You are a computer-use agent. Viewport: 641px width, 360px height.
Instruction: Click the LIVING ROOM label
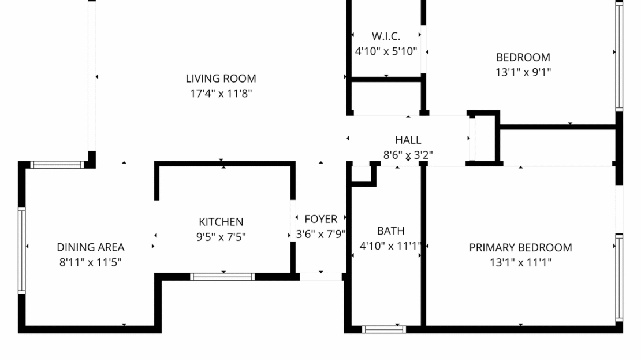[x=221, y=79]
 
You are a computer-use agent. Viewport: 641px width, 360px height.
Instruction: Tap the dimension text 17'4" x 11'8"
[x=221, y=93]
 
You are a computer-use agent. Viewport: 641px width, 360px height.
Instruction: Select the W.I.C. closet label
[x=386, y=36]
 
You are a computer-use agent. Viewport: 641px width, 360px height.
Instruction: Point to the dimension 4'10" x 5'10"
[x=386, y=51]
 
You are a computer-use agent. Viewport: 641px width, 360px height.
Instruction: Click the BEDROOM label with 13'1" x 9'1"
[x=523, y=57]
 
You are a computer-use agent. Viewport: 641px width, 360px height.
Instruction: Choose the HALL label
[x=408, y=140]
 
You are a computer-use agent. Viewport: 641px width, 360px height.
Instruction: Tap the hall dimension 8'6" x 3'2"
[x=408, y=155]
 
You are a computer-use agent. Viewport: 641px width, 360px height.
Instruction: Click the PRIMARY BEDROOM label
[x=520, y=247]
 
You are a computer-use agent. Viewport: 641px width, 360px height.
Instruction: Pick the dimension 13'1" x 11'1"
[x=520, y=262]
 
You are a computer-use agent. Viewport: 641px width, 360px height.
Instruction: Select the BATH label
[x=390, y=231]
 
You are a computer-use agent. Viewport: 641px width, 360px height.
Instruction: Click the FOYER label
[x=320, y=219]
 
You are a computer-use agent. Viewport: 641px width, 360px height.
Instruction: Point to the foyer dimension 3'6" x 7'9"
[x=320, y=234]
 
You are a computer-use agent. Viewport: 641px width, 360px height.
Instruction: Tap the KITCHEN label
[x=221, y=222]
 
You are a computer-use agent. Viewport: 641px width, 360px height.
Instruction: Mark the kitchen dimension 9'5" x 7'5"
[x=221, y=236]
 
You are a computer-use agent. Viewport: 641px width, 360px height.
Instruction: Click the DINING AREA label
[x=90, y=247]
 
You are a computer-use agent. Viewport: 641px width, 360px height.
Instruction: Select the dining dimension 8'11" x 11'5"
[x=90, y=262]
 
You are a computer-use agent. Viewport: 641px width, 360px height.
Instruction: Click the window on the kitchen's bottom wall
[x=222, y=277]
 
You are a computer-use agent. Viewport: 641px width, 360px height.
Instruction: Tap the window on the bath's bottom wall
[x=383, y=329]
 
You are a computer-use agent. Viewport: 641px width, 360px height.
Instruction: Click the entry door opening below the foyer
[x=320, y=277]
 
